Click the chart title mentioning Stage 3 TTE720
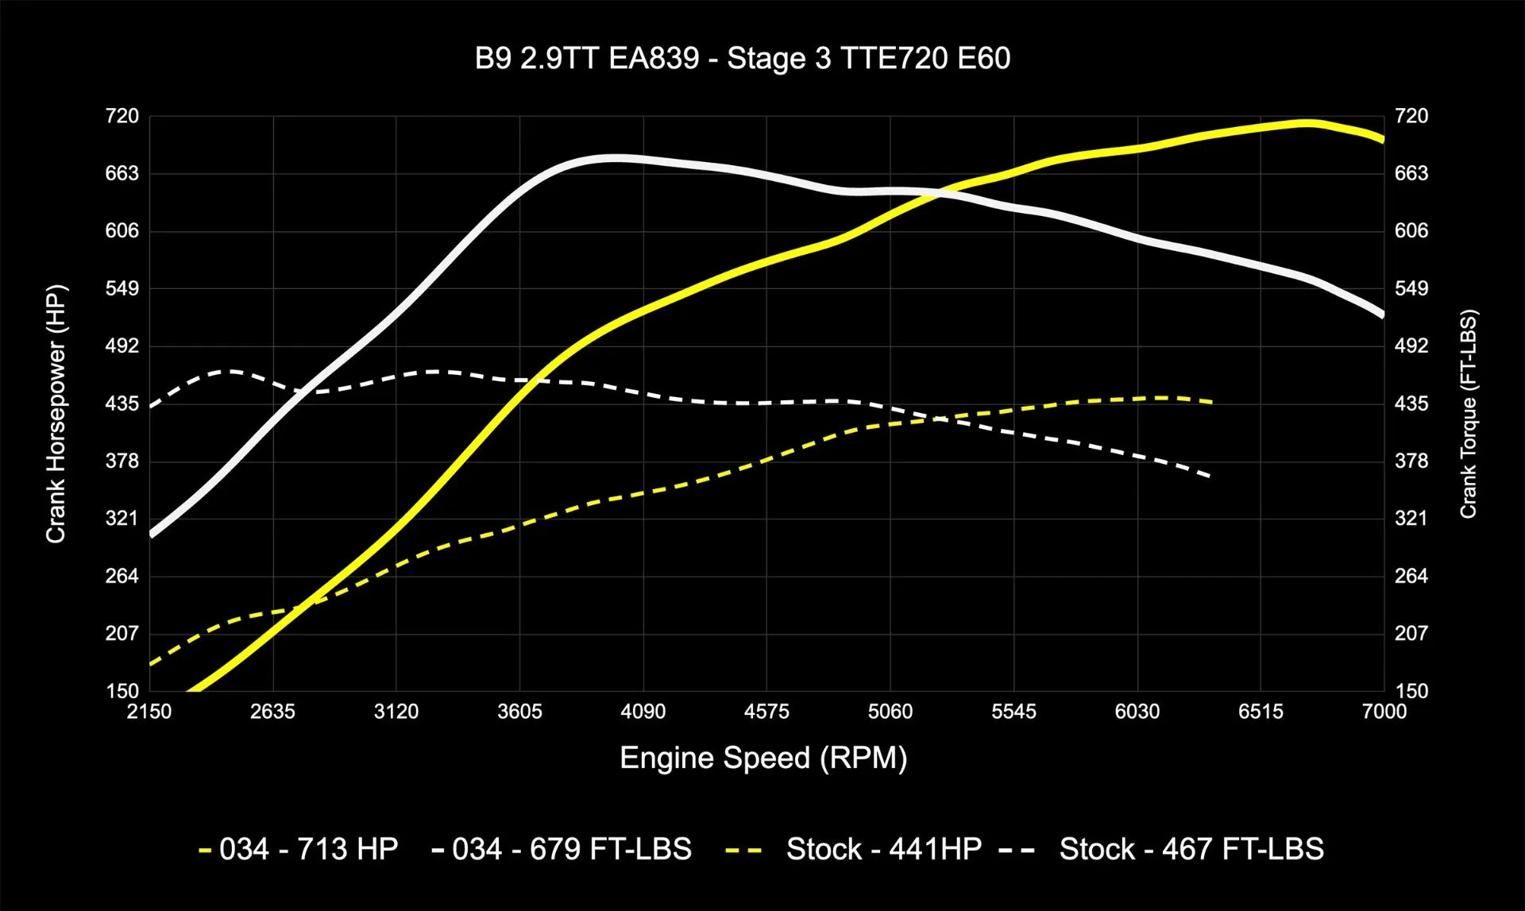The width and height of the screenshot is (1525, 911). tap(742, 59)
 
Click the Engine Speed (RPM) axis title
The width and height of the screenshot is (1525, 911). tap(763, 758)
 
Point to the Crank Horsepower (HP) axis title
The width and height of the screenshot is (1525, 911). tap(56, 413)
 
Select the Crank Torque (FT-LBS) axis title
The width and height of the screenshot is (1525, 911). tap(1468, 413)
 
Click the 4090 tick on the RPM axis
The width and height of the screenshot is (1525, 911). tap(643, 712)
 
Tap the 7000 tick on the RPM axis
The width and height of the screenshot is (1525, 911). tap(1384, 712)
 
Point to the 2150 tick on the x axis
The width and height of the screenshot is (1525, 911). tap(149, 712)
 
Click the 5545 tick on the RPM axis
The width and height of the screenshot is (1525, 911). tap(1013, 712)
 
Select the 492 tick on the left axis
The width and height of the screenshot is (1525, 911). tap(122, 345)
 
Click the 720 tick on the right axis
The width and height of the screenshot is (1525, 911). tap(1411, 116)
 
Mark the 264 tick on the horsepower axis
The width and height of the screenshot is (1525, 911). tap(122, 576)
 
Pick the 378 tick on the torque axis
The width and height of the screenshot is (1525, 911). tap(1411, 461)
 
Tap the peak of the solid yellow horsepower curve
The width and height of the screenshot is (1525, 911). tap(1305, 123)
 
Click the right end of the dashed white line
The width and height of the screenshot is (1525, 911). tap(1209, 476)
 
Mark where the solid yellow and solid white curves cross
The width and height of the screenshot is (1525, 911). tap(938, 192)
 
